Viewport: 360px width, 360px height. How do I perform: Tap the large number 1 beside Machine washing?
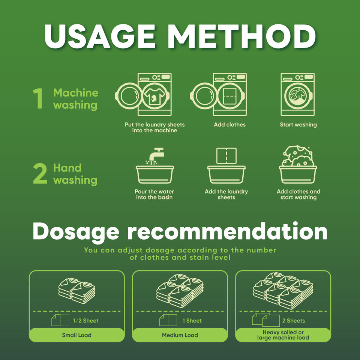38,98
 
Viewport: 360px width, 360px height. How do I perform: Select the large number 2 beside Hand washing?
40,173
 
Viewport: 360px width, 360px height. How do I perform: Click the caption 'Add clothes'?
229,124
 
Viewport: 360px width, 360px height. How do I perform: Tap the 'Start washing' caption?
298,124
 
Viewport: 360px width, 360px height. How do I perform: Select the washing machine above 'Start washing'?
297,94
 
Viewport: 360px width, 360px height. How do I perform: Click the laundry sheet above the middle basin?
226,156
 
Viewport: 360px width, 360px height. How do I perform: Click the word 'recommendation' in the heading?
227,232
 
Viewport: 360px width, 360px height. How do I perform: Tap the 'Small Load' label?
76,335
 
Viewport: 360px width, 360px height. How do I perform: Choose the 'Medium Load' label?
180,335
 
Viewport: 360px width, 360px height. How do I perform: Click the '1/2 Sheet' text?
85,321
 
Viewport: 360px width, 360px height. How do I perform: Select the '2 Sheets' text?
293,321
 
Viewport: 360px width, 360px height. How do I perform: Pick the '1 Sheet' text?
192,321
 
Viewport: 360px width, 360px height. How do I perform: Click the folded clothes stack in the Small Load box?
76,291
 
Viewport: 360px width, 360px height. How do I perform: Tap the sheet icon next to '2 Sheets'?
266,319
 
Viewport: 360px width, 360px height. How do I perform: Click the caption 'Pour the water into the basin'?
154,195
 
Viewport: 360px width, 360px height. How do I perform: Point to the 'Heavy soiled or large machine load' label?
283,335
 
